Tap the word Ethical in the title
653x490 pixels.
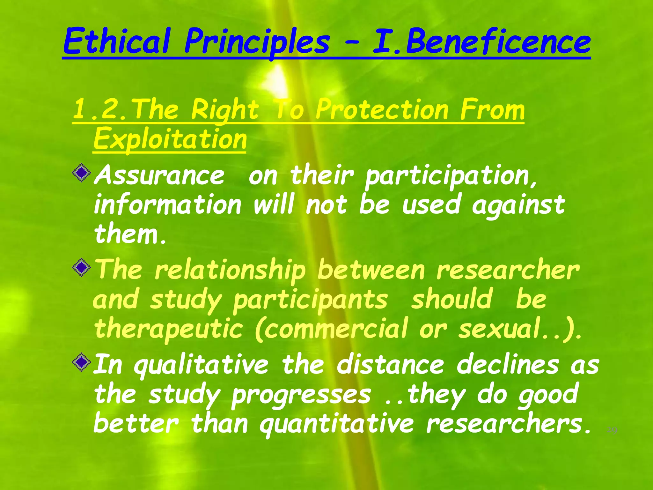pyautogui.click(x=116, y=41)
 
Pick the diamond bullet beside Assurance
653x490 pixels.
pyautogui.click(x=82, y=173)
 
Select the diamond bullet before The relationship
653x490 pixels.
pyautogui.click(x=82, y=267)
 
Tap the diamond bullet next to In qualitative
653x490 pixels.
pyautogui.click(x=82, y=362)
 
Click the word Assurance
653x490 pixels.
pyautogui.click(x=159, y=175)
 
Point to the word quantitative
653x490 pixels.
pyautogui.click(x=336, y=425)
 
